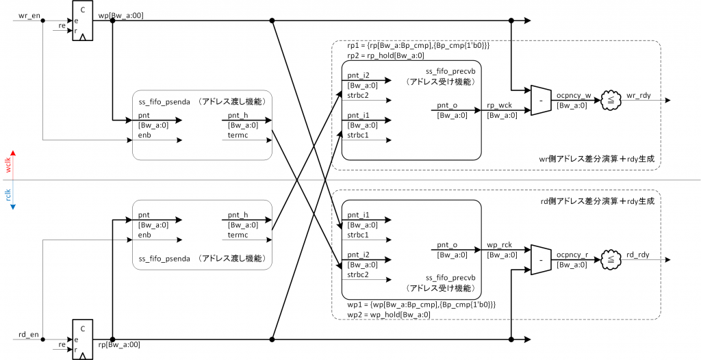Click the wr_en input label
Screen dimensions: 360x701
[24, 15]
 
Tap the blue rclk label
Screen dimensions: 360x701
[9, 194]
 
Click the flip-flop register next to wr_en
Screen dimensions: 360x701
[82, 21]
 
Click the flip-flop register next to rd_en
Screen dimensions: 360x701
[82, 339]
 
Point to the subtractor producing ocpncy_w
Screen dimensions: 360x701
[540, 101]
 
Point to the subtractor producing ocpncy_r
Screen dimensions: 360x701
[540, 260]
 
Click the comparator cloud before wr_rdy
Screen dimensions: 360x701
[607, 100]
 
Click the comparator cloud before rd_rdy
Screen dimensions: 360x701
[607, 260]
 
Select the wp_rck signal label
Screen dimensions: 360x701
[498, 244]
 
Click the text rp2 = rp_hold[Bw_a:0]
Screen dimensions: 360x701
[385, 55]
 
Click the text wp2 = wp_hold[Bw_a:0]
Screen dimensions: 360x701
[385, 314]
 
